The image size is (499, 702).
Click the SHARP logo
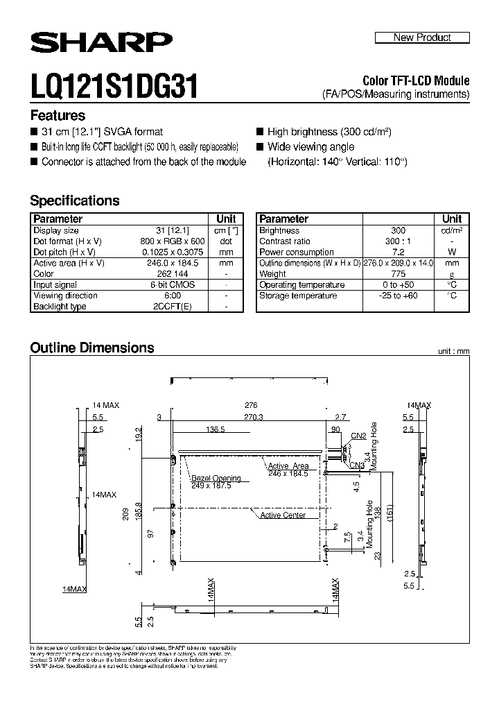coord(101,44)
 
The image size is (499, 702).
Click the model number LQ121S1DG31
coord(114,88)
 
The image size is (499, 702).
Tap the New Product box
coord(422,37)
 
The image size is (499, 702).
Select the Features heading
coord(58,116)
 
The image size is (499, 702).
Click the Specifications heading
coord(75,200)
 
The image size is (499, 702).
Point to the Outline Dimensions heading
coord(92,348)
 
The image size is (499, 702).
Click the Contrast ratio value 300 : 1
coord(398,241)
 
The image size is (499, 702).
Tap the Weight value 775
coord(398,274)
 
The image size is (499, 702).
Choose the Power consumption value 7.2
coord(398,252)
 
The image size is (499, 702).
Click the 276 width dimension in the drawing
coord(251,405)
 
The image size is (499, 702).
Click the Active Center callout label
coord(283,515)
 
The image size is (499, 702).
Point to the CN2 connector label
coord(358,436)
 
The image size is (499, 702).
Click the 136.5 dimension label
coord(216,430)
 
